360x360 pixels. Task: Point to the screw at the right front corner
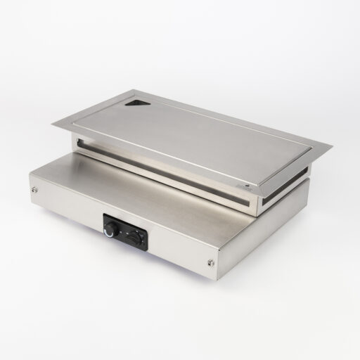[x=211, y=263]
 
